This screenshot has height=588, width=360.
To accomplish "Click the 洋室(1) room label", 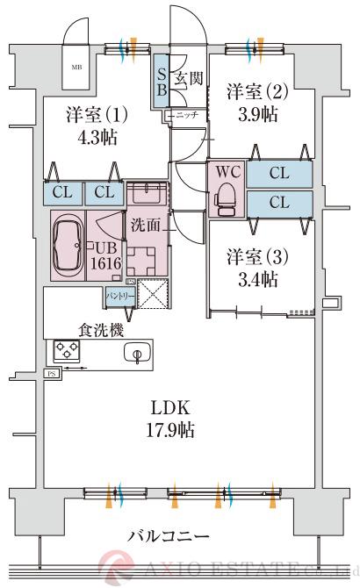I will coord(97,115).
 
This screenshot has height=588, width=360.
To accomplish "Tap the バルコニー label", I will coord(168,534).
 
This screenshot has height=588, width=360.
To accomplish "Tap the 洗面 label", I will coord(146,225).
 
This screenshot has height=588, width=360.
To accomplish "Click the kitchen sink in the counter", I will coord(136,353).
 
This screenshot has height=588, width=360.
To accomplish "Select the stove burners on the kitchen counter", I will coord(67,352).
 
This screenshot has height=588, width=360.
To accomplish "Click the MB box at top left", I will coord(76,66).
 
